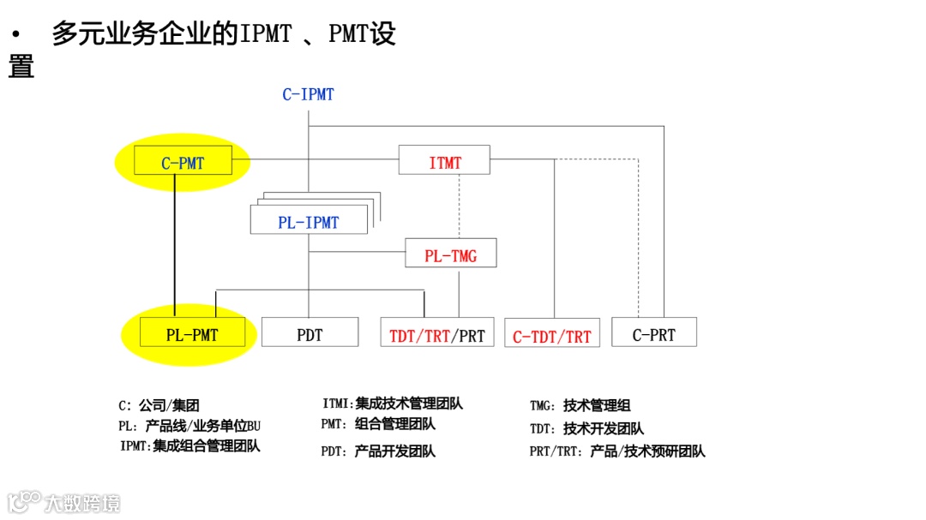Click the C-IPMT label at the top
coord(308,95)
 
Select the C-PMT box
coord(183,162)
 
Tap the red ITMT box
coord(444,162)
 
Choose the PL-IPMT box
coord(308,222)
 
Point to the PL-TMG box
coord(450,255)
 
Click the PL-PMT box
coord(192,335)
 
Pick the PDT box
coord(310,334)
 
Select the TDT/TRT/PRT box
coord(436,335)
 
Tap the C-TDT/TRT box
coord(551,336)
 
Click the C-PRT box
coord(653,334)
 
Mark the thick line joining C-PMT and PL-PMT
coord(175,247)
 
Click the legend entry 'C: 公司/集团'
coord(159,406)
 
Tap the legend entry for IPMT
coord(190,445)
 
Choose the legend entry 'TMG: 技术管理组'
coord(580,406)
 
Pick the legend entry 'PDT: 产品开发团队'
coord(378,451)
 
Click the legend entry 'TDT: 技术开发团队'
coord(586,428)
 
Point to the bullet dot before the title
coord(15,35)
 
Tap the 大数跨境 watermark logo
coord(64,502)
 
